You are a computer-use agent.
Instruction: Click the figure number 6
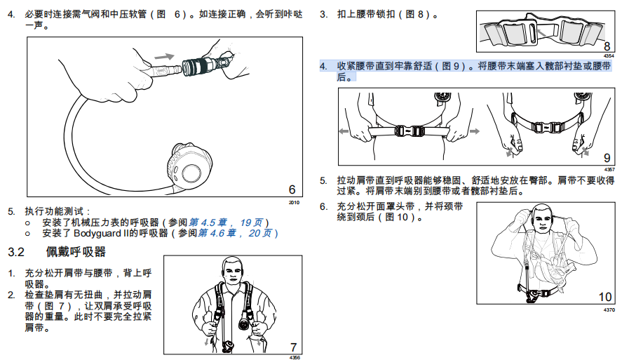(x=292, y=189)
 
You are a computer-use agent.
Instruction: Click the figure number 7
(x=294, y=347)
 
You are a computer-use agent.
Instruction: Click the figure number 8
(x=607, y=46)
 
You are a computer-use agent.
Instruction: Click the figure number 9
(x=607, y=158)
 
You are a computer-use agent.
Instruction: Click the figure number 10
(x=605, y=297)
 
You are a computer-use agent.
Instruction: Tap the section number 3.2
(x=16, y=252)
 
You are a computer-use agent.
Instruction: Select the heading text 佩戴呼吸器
(x=76, y=252)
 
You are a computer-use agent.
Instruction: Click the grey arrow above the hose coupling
(x=165, y=57)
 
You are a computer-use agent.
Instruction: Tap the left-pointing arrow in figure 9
(x=344, y=131)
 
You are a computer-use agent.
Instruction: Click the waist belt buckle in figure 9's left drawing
(x=410, y=131)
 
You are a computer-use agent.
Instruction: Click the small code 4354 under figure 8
(x=609, y=56)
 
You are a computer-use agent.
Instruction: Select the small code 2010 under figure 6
(x=294, y=202)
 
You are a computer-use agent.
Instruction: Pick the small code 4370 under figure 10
(x=609, y=310)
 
